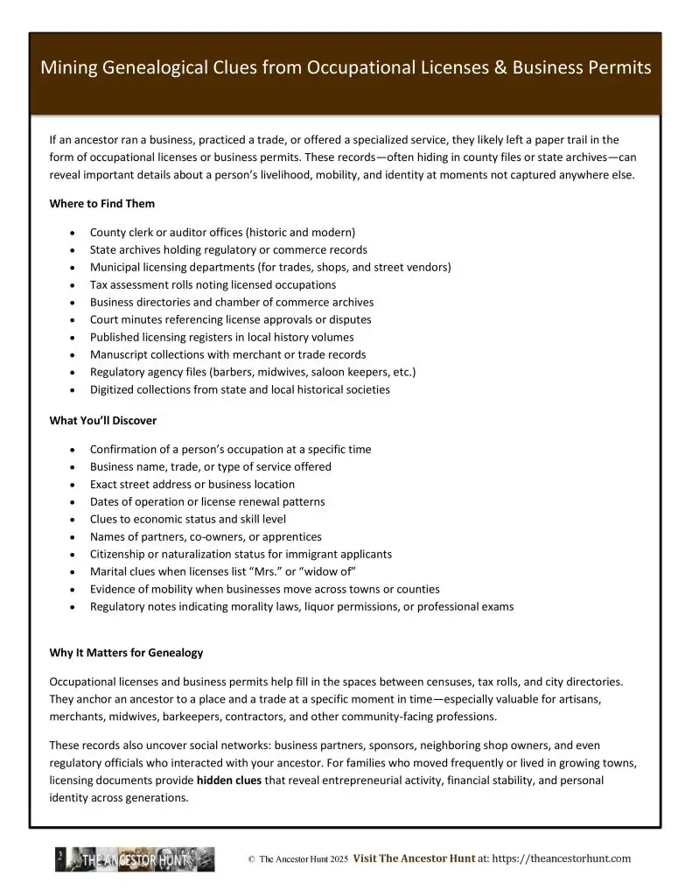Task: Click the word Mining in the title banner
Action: [67, 68]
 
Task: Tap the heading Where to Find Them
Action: [102, 204]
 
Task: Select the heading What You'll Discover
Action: [103, 421]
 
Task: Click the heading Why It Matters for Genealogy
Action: [127, 652]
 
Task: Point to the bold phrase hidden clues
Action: [229, 780]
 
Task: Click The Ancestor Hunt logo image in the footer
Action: [135, 859]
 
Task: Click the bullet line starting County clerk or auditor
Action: [222, 233]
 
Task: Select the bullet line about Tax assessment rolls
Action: [213, 285]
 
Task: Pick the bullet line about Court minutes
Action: [230, 320]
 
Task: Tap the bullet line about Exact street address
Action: [192, 485]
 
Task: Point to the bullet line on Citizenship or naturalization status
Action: [241, 555]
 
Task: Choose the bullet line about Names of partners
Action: [206, 537]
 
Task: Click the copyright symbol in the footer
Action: [251, 860]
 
